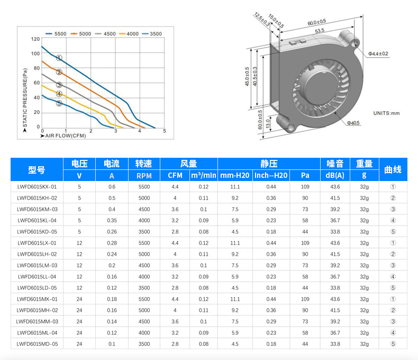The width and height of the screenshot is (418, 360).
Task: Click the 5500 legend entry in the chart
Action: (x=56, y=34)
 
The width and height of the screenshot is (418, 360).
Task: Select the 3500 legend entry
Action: (x=152, y=34)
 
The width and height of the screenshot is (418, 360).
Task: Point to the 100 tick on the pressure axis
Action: (x=35, y=53)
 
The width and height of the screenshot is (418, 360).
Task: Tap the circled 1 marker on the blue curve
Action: (x=59, y=58)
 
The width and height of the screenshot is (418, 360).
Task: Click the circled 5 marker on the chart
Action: (x=59, y=103)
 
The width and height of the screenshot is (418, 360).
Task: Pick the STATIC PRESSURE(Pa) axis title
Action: (x=25, y=97)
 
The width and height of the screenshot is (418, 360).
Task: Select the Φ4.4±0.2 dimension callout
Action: (x=378, y=54)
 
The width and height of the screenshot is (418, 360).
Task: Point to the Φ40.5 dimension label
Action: (x=353, y=123)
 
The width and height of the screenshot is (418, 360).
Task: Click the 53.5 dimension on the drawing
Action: (x=320, y=31)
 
